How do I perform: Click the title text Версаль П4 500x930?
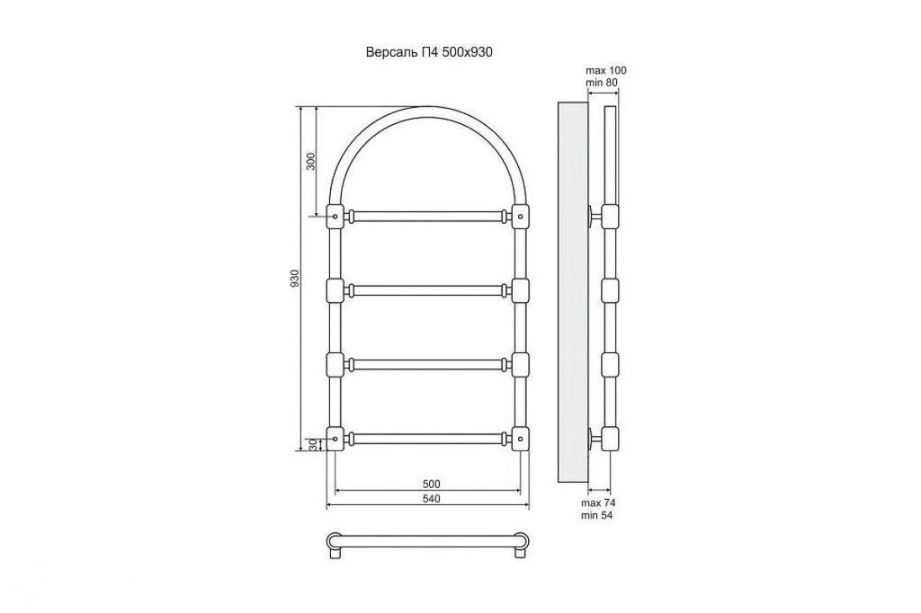pyautogui.click(x=429, y=52)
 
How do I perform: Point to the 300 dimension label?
pyautogui.click(x=311, y=161)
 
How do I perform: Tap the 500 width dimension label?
pyautogui.click(x=431, y=484)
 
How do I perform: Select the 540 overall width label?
pyautogui.click(x=431, y=499)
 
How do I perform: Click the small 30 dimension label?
pyautogui.click(x=313, y=445)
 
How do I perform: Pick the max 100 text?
pyautogui.click(x=606, y=70)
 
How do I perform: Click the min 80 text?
pyautogui.click(x=602, y=83)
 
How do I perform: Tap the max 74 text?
pyautogui.click(x=598, y=502)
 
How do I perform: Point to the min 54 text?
pyautogui.click(x=597, y=515)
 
